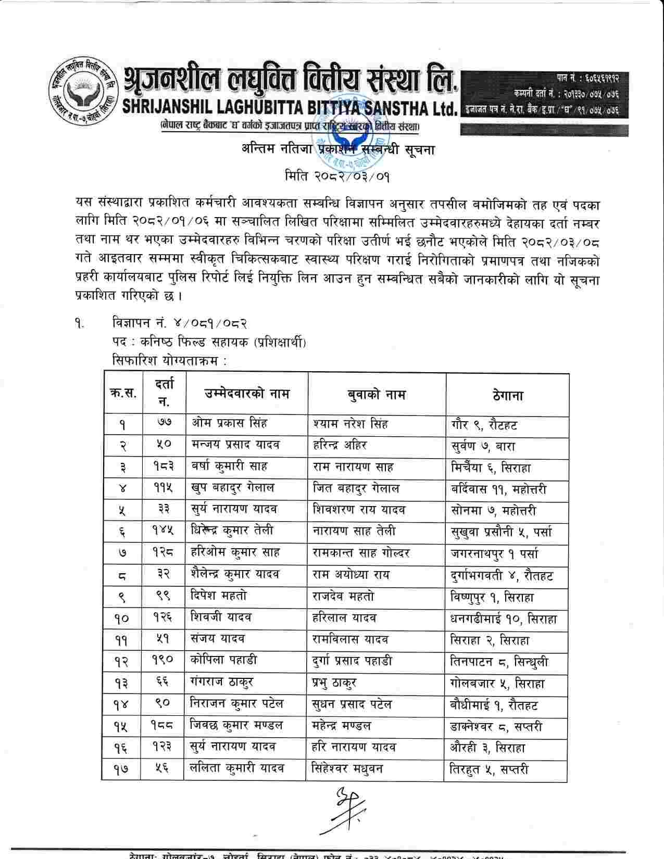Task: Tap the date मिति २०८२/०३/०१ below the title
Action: coord(337,175)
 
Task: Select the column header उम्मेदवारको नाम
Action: coord(246,394)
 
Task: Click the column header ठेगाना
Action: coord(507,395)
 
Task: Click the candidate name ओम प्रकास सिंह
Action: coord(229,424)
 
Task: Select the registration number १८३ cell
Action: coord(163,467)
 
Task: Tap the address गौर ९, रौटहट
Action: coord(484,425)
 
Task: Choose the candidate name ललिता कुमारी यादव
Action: coord(237,768)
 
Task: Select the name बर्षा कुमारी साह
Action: coord(229,467)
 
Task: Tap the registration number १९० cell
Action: coord(163,661)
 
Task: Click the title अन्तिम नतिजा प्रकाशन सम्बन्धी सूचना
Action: coord(337,149)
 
